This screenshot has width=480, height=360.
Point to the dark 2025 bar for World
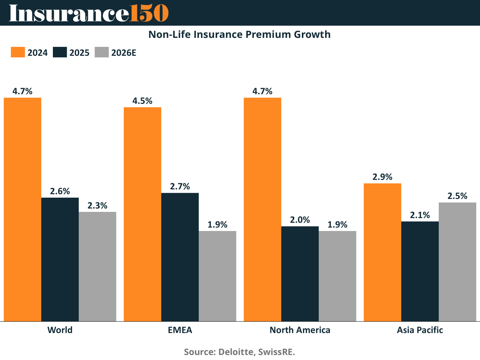pyautogui.click(x=60, y=259)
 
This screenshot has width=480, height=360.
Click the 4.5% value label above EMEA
pyautogui.click(x=142, y=101)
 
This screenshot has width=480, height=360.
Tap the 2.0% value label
pyautogui.click(x=300, y=220)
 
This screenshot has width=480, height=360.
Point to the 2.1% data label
pyautogui.click(x=420, y=215)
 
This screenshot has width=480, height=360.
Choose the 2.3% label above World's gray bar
pyautogui.click(x=97, y=205)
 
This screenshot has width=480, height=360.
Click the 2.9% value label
pyautogui.click(x=382, y=177)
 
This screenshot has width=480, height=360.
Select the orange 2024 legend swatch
pyautogui.click(x=18, y=52)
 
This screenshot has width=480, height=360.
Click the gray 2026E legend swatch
pyautogui.click(x=102, y=52)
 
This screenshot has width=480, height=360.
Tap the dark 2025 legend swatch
pyautogui.click(x=60, y=52)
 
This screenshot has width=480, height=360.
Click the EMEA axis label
pyautogui.click(x=180, y=330)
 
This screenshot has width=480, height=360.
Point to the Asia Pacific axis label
pyautogui.click(x=420, y=330)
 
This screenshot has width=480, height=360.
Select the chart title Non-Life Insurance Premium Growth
pyautogui.click(x=240, y=34)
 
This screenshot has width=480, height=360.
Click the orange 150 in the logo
pyautogui.click(x=149, y=13)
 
